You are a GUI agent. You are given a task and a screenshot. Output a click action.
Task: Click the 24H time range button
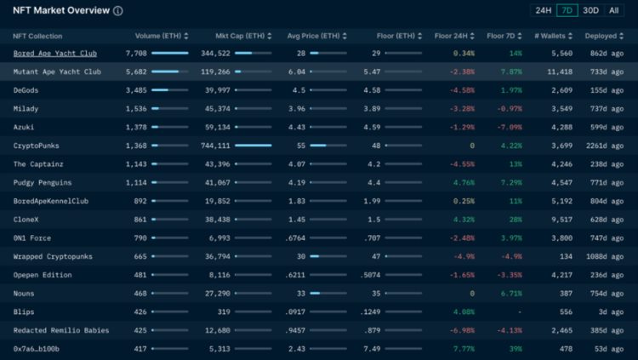tap(543, 11)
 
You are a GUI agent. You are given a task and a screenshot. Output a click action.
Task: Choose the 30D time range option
tap(590, 11)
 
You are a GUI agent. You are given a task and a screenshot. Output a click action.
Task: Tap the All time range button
tap(613, 11)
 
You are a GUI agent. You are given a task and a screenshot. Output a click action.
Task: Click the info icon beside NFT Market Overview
tap(117, 11)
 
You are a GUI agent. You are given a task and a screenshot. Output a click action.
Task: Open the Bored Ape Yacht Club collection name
tap(54, 53)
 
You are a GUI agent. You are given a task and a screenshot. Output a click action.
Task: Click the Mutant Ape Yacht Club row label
tap(56, 71)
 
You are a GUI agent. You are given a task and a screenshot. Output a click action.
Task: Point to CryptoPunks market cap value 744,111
tap(214, 146)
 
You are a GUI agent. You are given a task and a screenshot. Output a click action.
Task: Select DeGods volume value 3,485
tap(136, 90)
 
